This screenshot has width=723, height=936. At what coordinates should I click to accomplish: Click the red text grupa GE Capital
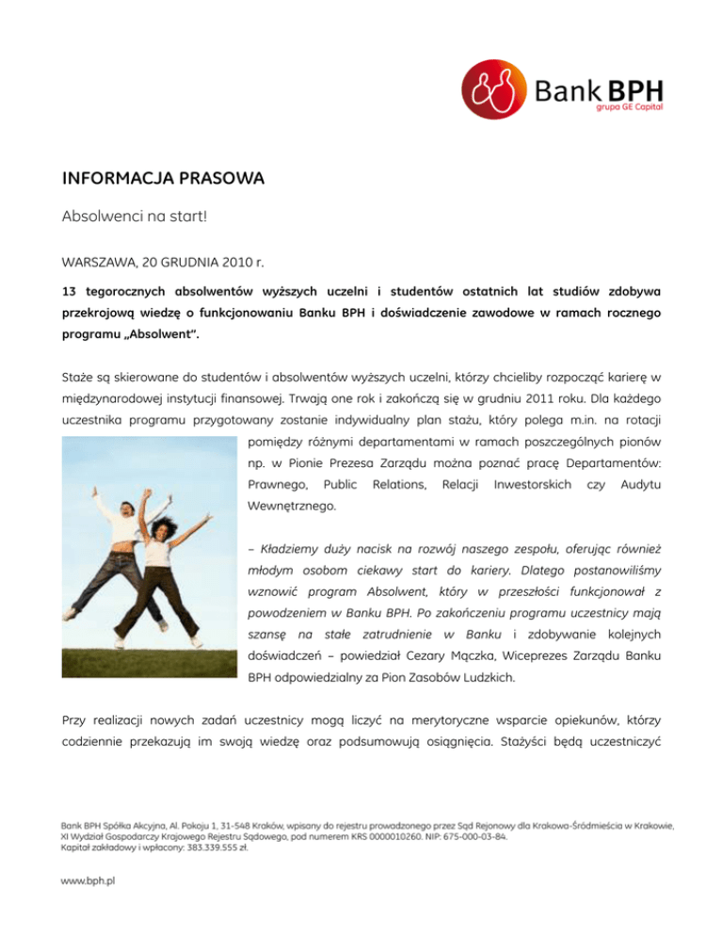point(628,107)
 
